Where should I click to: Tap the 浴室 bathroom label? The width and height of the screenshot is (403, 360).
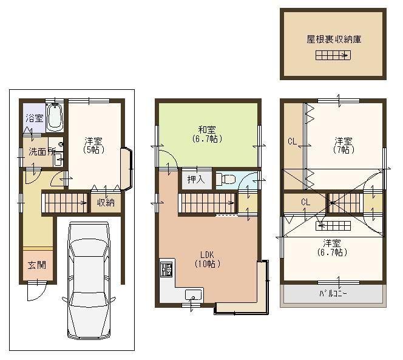33,118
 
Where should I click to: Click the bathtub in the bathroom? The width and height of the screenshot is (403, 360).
54,117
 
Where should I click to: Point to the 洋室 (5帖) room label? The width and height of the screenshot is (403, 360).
93,146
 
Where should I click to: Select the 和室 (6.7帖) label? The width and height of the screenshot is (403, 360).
206,134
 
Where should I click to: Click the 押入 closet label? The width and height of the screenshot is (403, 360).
195,180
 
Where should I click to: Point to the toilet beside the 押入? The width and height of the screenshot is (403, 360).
226,180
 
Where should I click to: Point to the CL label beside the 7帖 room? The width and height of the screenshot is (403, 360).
293,142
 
